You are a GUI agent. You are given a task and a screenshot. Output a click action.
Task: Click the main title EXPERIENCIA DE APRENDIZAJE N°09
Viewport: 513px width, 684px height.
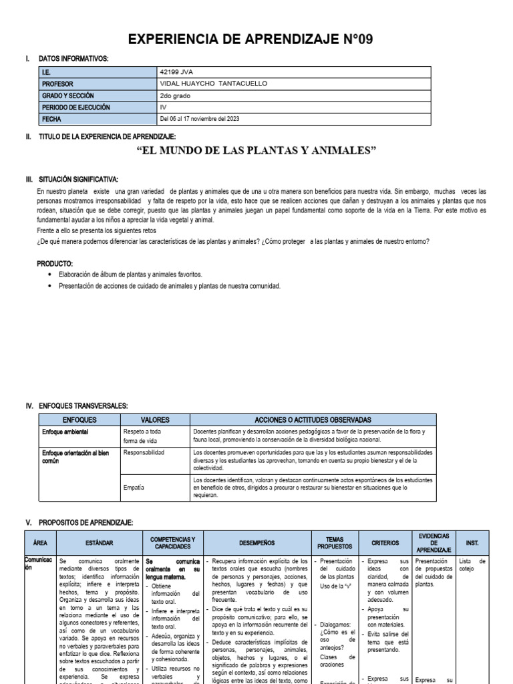point(256,40)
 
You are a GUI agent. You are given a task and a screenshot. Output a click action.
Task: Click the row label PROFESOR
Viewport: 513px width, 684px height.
point(59,83)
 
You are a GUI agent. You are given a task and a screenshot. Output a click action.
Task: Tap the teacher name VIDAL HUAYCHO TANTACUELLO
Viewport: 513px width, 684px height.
point(214,83)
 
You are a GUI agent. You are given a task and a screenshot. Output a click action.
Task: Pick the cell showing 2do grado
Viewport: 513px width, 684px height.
point(175,96)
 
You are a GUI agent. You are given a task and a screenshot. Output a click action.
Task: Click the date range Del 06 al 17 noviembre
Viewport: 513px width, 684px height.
point(200,119)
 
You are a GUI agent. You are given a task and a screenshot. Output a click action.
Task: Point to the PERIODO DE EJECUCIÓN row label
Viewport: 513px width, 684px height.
point(75,107)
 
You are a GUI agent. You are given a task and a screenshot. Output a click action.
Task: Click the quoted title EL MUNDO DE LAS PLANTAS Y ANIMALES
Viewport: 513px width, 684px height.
point(256,150)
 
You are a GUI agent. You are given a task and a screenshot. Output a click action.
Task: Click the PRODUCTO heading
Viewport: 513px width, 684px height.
point(55,264)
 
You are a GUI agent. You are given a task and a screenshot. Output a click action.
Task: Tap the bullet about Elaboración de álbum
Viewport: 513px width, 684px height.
point(130,275)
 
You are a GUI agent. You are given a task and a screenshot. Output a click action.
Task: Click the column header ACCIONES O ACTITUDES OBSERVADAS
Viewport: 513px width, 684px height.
point(313,420)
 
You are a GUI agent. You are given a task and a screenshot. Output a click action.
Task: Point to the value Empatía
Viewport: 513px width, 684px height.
point(134,488)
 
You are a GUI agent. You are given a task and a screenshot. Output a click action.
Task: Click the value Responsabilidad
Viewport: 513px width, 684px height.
point(144,452)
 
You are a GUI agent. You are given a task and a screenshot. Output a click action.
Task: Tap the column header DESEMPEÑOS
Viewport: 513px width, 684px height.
point(256,543)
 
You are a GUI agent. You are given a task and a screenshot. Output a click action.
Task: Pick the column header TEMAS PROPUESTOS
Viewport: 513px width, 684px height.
point(335,543)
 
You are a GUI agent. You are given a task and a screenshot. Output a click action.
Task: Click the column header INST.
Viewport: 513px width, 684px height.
point(472,543)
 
